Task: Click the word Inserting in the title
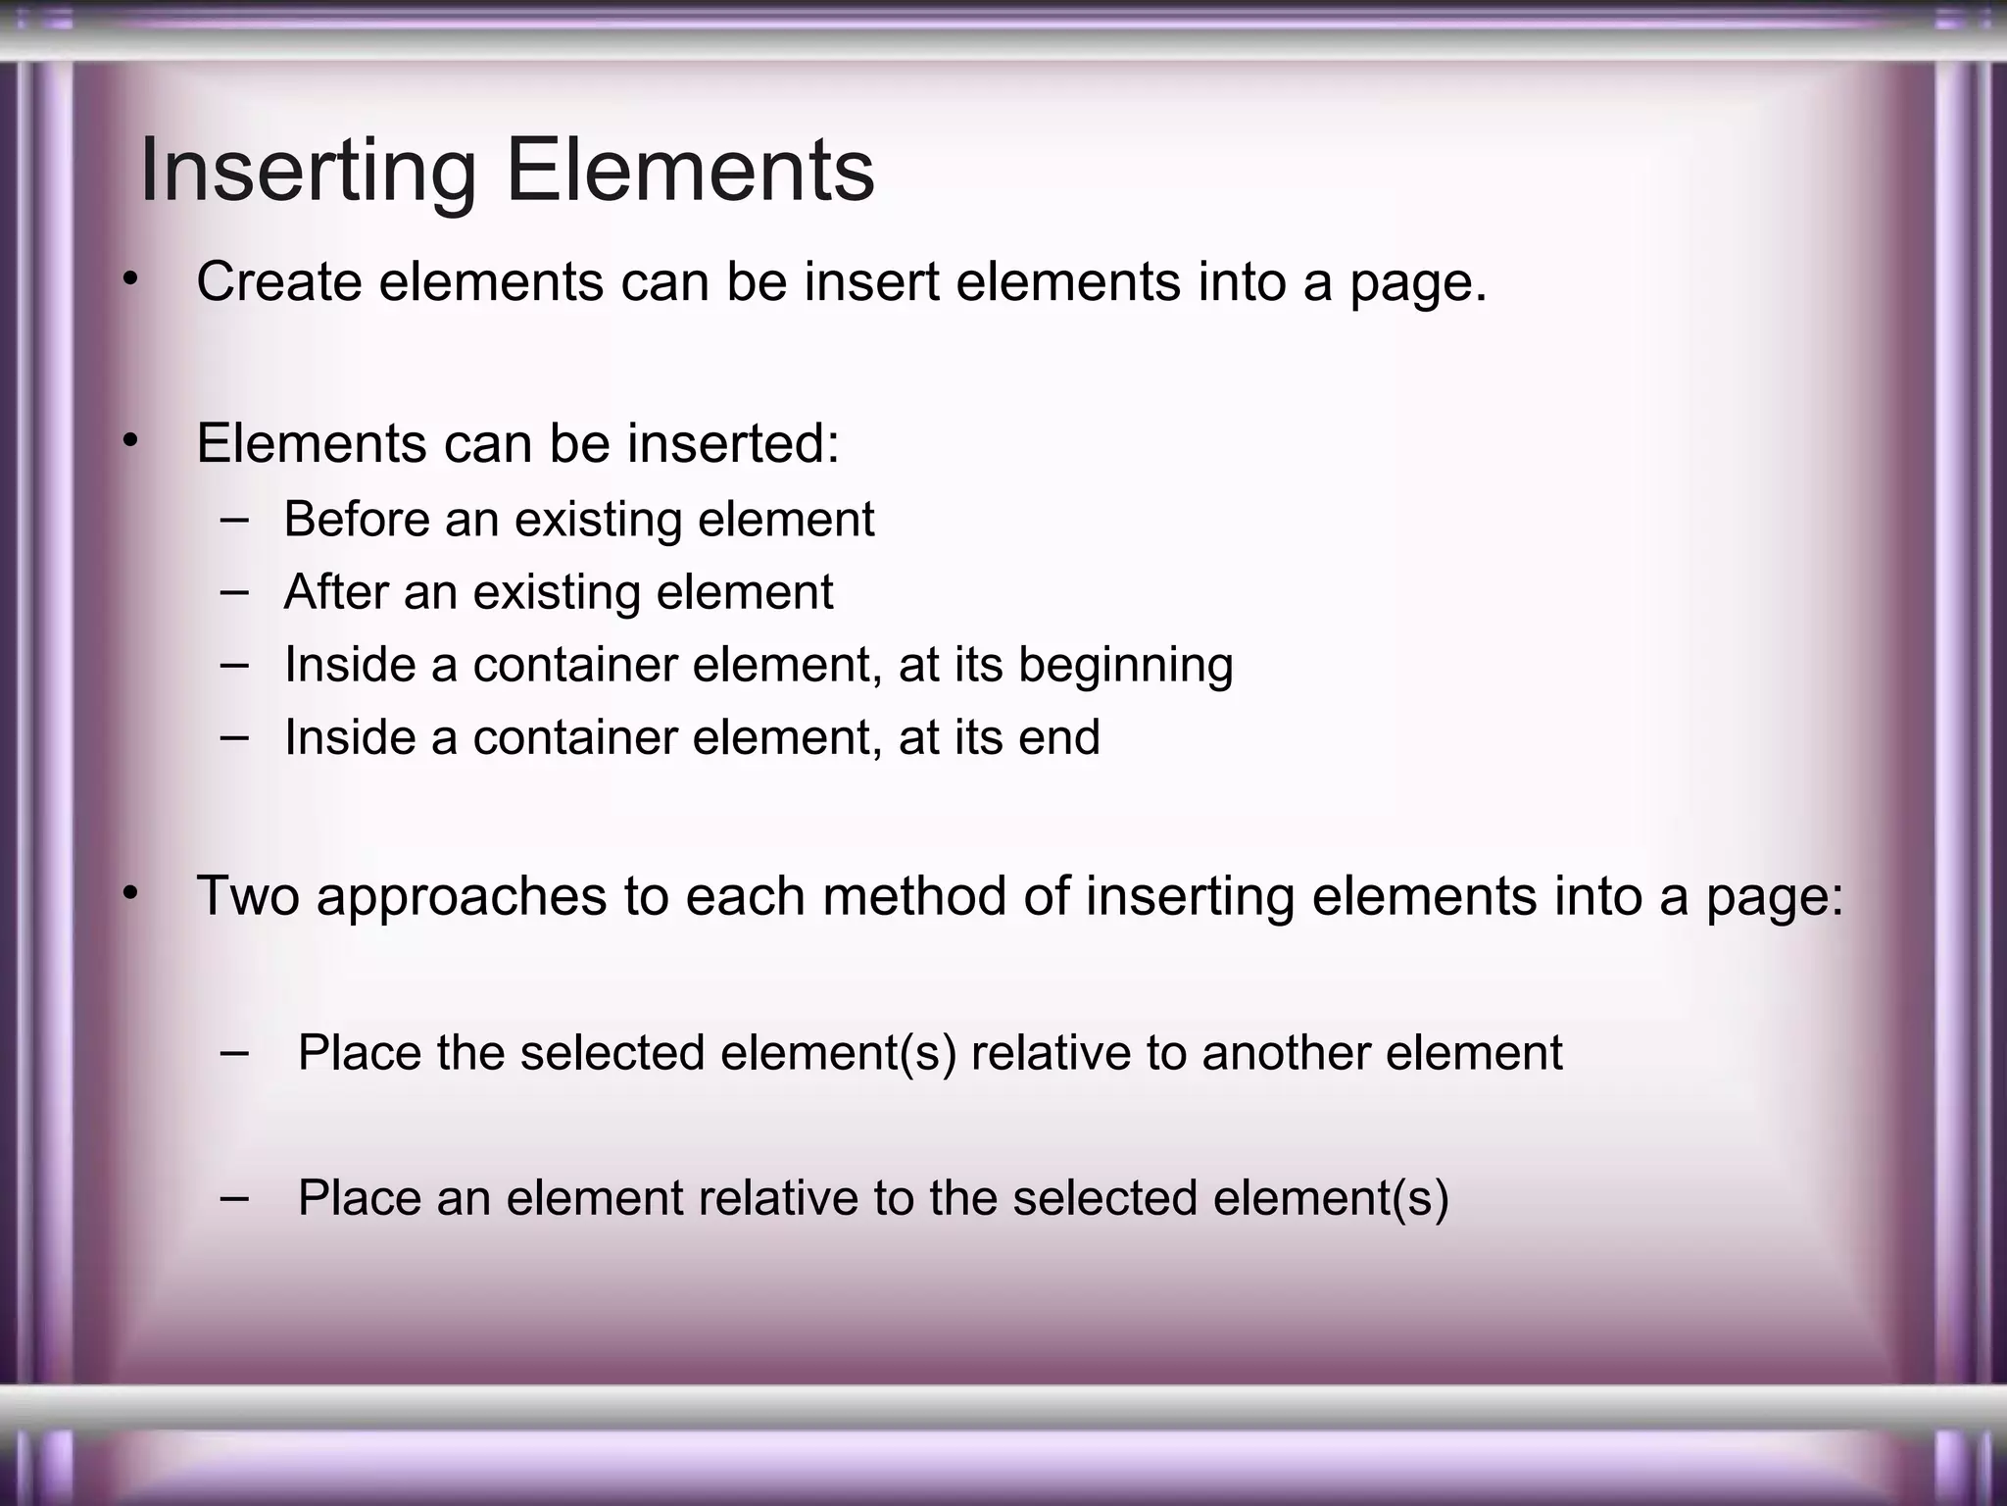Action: [308, 172]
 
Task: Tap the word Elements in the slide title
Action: [690, 172]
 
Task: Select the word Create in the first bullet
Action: [279, 282]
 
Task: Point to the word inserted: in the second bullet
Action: [733, 443]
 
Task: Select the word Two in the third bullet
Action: [248, 896]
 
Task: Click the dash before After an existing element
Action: [234, 592]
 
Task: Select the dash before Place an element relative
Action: [234, 1196]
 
